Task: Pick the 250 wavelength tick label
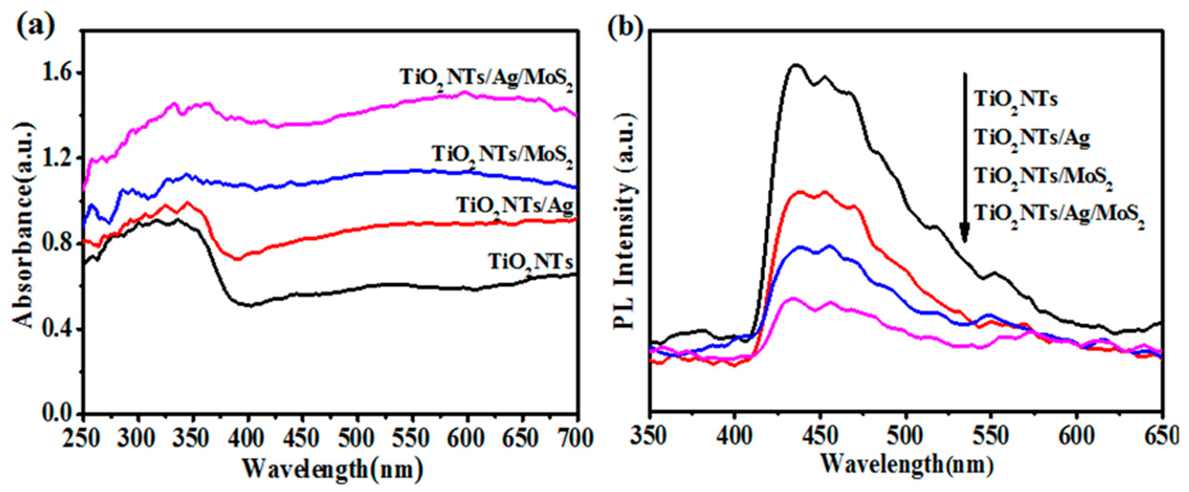pos(83,437)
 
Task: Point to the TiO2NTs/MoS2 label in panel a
pos(503,156)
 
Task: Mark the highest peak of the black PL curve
pos(795,65)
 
